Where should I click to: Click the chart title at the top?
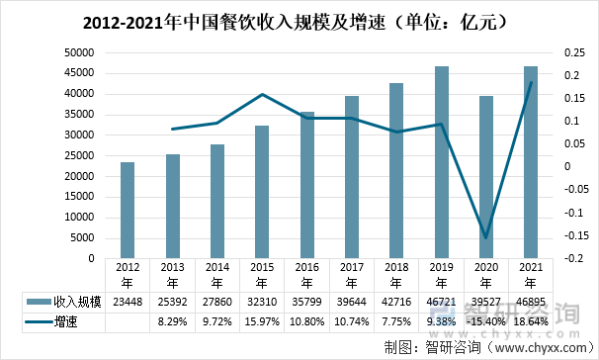tap(299, 20)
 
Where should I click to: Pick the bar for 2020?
tap(486, 177)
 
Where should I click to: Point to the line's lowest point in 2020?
tap(486, 238)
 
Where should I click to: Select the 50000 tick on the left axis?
tap(76, 53)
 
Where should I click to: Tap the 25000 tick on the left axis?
tap(76, 155)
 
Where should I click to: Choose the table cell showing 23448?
tap(128, 300)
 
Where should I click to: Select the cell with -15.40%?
tap(486, 321)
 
